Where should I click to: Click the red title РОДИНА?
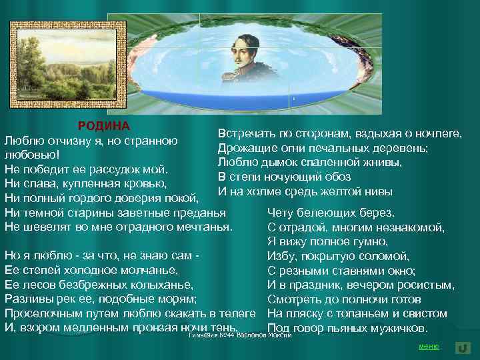103,126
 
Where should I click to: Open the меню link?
428,346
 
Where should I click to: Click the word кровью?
144,183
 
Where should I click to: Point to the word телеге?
235,313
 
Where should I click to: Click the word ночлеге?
437,133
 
